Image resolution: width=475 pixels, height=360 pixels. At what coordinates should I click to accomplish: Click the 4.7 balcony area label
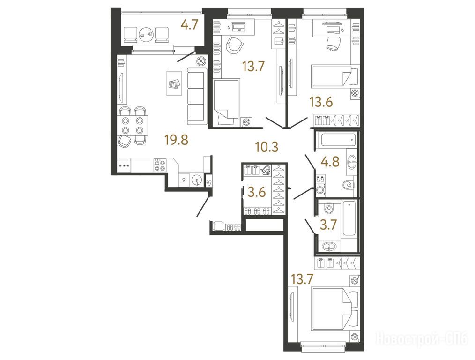coord(189,25)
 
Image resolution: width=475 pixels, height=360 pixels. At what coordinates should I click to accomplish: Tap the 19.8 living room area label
coord(176,140)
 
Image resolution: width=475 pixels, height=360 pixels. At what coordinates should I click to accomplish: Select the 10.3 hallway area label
coord(267,147)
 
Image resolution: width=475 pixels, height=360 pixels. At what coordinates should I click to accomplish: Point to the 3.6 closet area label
coord(257,192)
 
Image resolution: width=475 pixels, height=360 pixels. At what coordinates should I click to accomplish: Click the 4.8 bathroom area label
coord(330,162)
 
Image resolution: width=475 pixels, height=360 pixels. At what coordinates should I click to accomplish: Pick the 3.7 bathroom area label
coord(328,225)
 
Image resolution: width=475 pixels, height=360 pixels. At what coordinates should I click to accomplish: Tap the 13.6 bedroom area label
coord(321,102)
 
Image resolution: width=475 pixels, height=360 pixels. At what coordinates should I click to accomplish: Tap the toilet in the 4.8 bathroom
coord(349,185)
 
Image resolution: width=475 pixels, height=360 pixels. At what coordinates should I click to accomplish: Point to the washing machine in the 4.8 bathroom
coord(320,187)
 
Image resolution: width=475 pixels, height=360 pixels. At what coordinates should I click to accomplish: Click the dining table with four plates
coord(133,125)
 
